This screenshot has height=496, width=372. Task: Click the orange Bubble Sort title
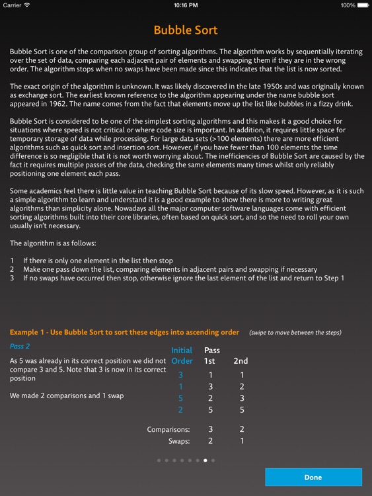[x=186, y=30]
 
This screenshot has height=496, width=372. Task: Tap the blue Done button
[x=313, y=477]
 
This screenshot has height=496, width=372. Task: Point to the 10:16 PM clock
[x=186, y=5]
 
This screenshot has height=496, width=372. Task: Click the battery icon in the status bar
[x=363, y=5]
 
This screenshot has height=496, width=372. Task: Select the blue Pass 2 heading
[x=20, y=346]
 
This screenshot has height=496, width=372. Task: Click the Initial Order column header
[x=182, y=355]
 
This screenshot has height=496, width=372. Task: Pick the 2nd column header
[x=241, y=361]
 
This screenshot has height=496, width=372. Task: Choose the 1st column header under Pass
[x=211, y=361]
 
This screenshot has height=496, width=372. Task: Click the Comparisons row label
[x=168, y=429]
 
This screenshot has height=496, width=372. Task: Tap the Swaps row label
[x=178, y=441]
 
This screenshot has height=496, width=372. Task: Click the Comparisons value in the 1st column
[x=211, y=429]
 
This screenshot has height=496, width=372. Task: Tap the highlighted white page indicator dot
[x=205, y=460]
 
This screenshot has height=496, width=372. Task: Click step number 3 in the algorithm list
[x=12, y=278]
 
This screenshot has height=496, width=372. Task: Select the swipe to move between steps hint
[x=295, y=332]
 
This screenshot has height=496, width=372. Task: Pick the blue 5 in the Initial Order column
[x=180, y=398]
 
